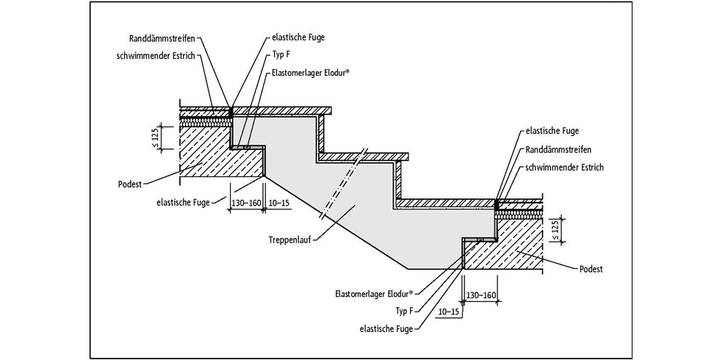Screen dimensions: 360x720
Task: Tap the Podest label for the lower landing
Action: [589, 269]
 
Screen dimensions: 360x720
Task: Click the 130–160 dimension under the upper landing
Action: [247, 202]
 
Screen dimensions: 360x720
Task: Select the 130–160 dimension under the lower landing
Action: [480, 295]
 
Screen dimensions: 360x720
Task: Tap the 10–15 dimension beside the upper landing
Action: [279, 202]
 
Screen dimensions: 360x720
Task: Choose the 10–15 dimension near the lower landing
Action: [447, 312]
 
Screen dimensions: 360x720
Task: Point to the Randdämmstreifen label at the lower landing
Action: [555, 149]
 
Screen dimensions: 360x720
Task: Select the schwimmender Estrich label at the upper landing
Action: [156, 56]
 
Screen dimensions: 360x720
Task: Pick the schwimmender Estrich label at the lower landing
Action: [564, 168]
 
